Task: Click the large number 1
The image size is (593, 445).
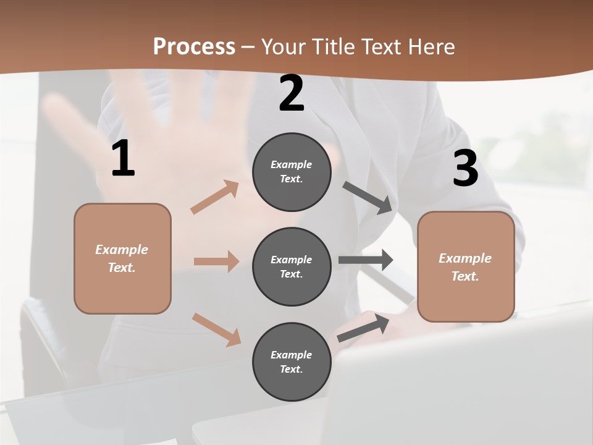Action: [x=123, y=159]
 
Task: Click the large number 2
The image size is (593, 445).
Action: [x=292, y=93]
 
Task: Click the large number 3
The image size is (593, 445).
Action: [x=465, y=168]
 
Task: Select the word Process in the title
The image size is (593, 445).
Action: [x=194, y=46]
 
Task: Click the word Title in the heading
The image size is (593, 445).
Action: [x=332, y=46]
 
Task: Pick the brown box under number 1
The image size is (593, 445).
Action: [x=122, y=258]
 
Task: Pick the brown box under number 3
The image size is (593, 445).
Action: [x=466, y=266]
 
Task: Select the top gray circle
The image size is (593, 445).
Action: [x=292, y=172]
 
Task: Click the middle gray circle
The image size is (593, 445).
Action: [x=292, y=266]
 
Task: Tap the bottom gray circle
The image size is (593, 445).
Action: [x=292, y=362]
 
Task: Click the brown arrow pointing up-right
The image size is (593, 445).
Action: [x=215, y=197]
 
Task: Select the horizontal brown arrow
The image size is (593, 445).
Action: [x=216, y=261]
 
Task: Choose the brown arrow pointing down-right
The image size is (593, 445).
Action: [x=216, y=329]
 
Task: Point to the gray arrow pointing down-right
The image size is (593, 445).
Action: [x=368, y=198]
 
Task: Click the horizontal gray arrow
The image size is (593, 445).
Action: [x=366, y=260]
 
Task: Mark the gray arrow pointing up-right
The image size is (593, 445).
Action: [x=363, y=328]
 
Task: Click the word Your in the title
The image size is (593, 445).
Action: [x=283, y=46]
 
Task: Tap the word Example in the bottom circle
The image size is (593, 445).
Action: [x=291, y=355]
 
